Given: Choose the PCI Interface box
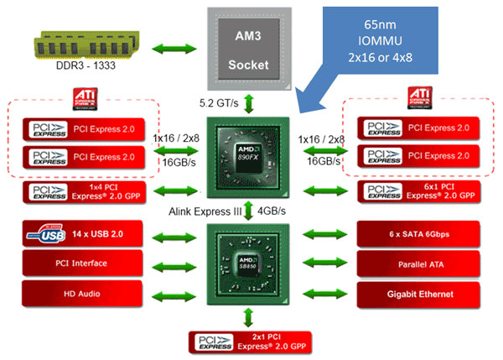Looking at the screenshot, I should coord(87,265).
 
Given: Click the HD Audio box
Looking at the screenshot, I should coord(87,295).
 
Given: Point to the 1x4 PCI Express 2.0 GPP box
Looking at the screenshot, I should coord(87,192).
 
